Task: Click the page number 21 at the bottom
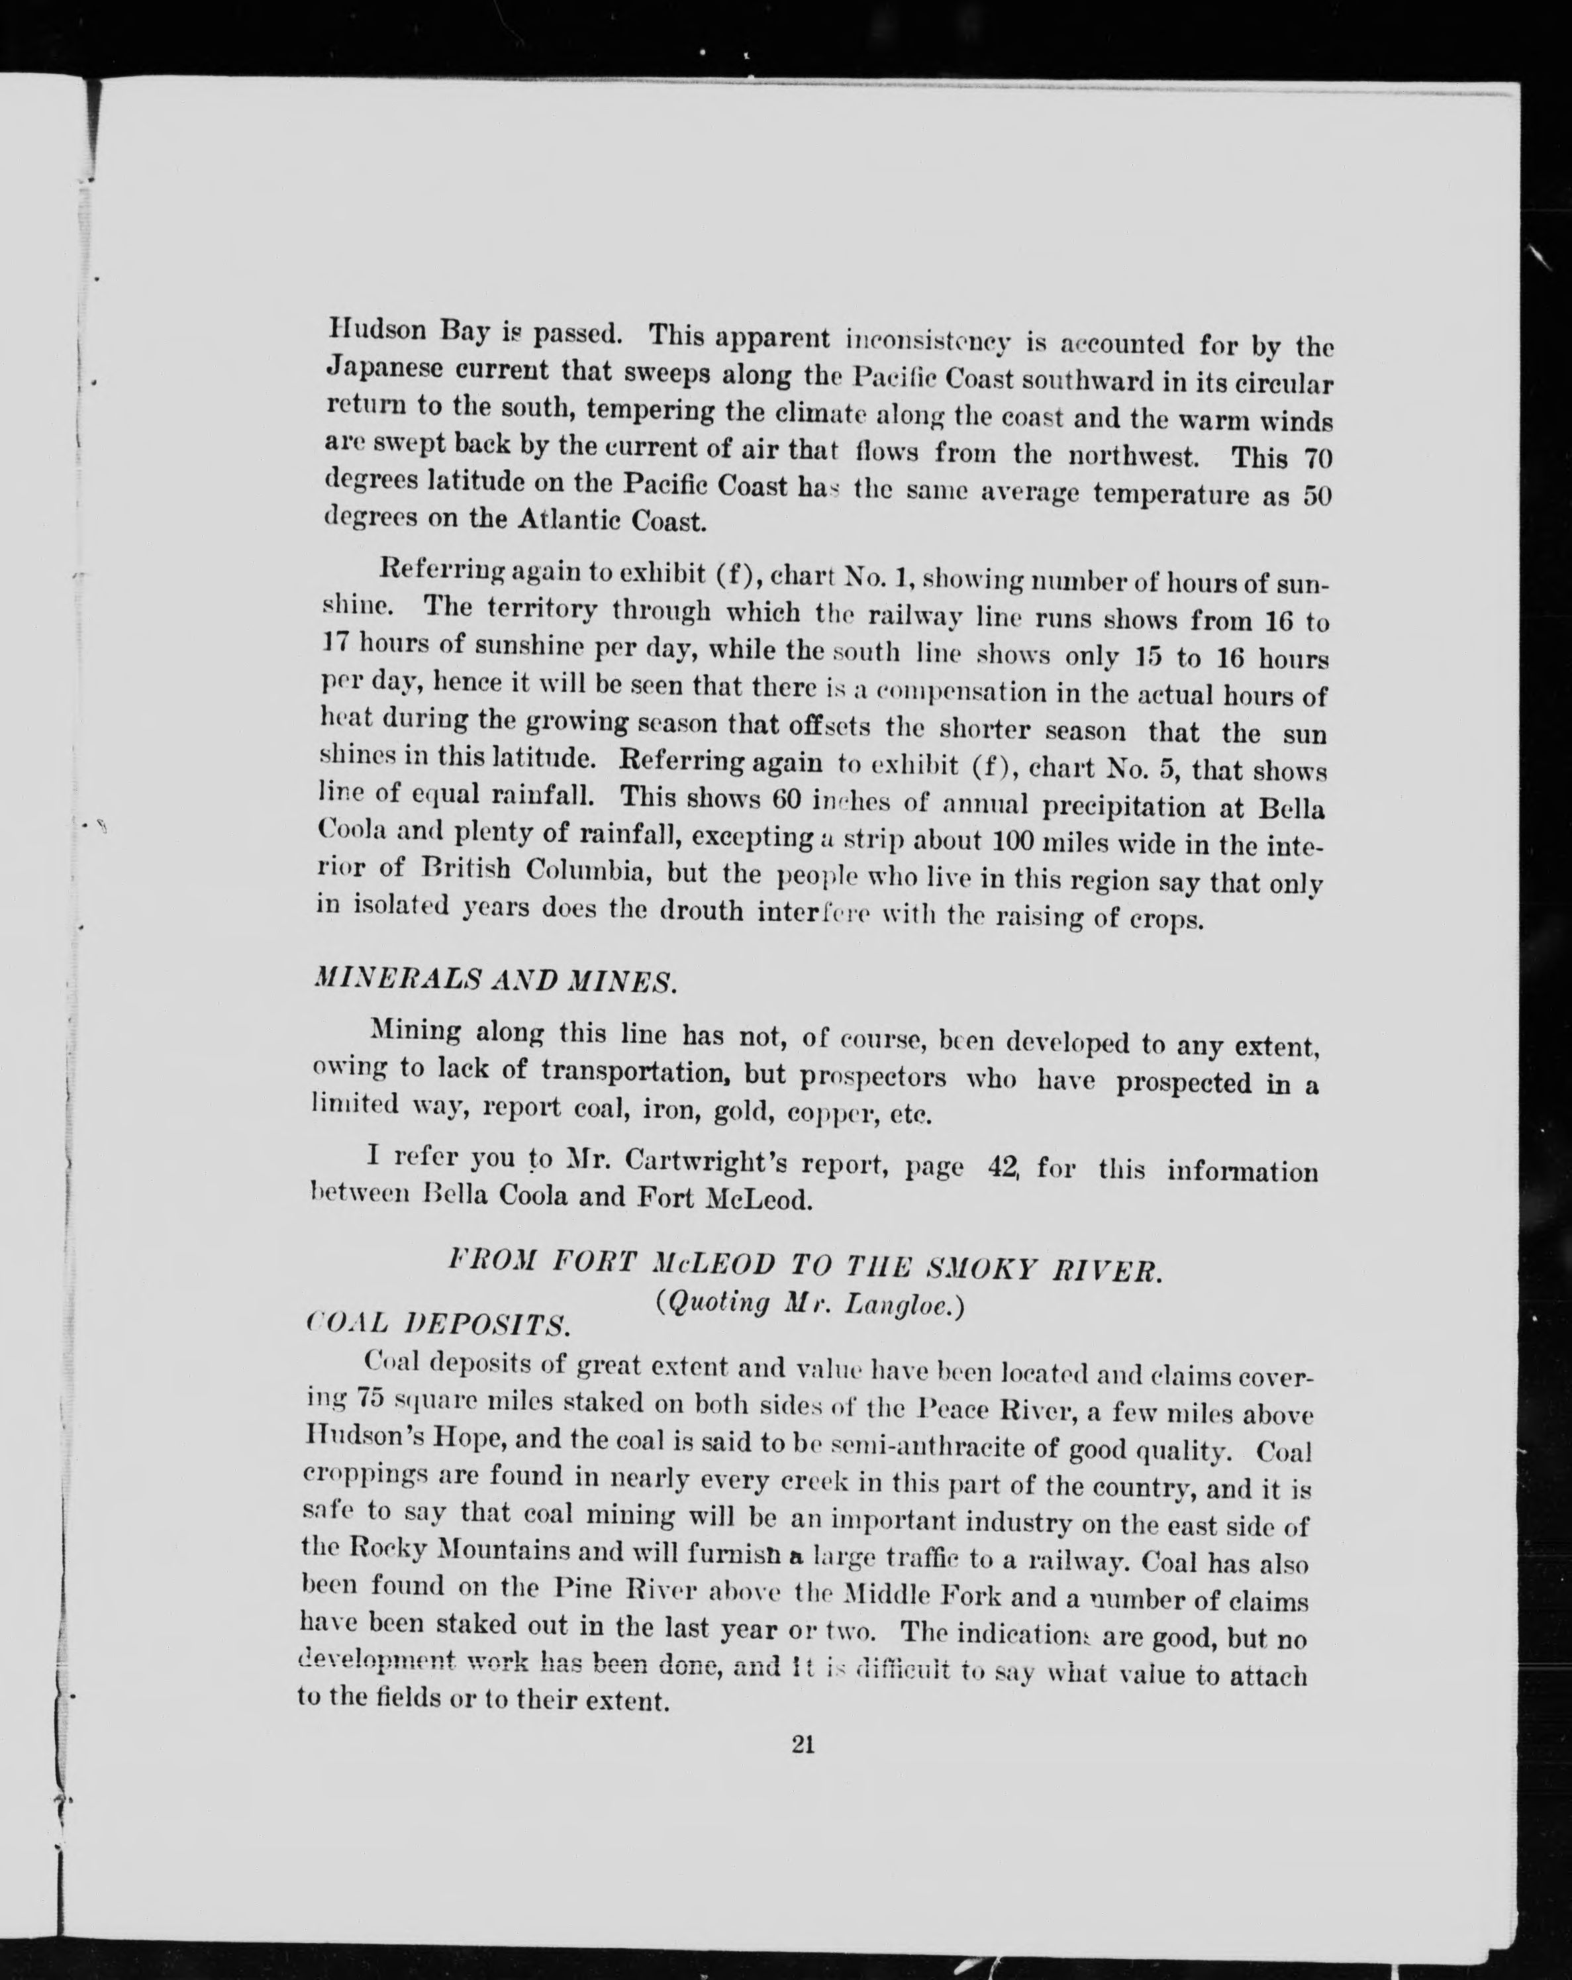point(803,1744)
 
